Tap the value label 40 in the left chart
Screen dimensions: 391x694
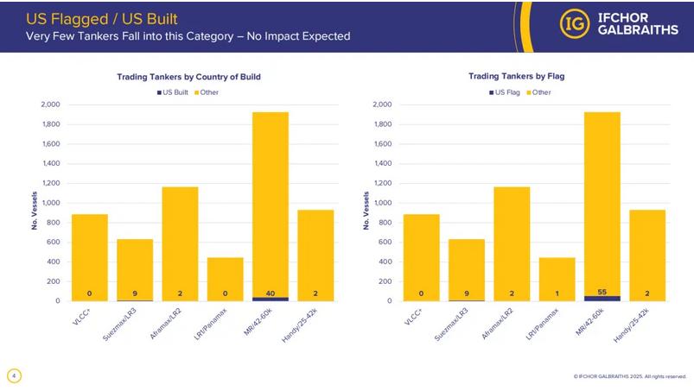[271, 293]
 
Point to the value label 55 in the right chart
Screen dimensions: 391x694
[602, 293]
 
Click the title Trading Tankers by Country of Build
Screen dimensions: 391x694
[188, 77]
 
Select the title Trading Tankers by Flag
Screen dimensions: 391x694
[516, 77]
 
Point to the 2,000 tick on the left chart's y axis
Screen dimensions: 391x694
[50, 104]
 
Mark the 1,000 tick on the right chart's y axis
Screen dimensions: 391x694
[381, 203]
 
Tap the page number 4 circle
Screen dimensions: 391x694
[14, 375]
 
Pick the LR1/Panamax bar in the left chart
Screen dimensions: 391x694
[225, 278]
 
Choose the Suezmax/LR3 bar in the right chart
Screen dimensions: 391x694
[467, 269]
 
